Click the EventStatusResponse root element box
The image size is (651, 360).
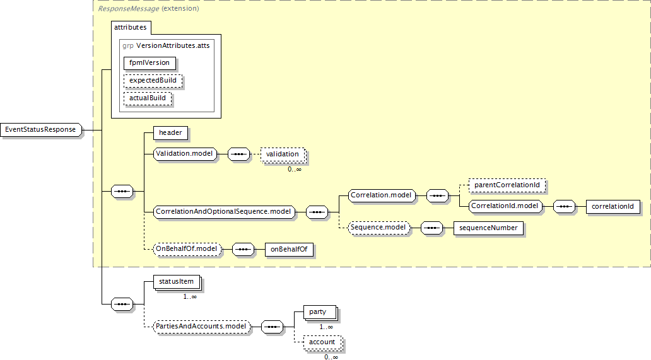tap(40, 130)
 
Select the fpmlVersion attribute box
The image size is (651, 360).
tap(150, 63)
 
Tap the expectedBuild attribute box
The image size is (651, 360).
tap(153, 81)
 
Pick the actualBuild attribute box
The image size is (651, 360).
tap(148, 98)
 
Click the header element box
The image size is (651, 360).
tap(170, 133)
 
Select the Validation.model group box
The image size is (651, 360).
tap(185, 154)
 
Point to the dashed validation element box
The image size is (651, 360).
tap(283, 154)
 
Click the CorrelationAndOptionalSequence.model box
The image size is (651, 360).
tap(224, 212)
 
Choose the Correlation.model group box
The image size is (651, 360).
tap(382, 195)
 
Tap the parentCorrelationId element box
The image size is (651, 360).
tap(507, 185)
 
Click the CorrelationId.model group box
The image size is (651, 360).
tap(505, 206)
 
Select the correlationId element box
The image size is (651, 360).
tap(613, 207)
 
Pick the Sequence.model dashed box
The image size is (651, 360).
tap(378, 228)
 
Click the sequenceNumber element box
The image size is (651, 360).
tap(488, 228)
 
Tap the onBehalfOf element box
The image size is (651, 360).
tap(289, 249)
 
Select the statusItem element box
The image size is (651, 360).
tap(177, 282)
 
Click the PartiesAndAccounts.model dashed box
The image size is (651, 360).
tap(202, 327)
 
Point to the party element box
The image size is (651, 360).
tap(320, 312)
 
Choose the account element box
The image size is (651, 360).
tap(322, 342)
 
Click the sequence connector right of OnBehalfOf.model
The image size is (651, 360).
tap(243, 249)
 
